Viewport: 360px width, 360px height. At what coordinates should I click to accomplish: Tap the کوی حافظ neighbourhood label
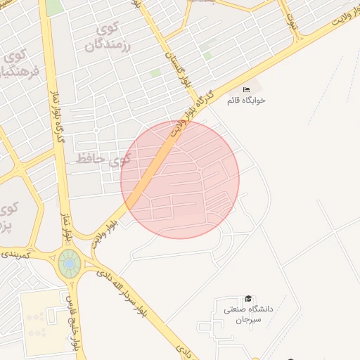coord(103,160)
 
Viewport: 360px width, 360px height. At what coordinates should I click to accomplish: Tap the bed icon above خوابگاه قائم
coord(246,90)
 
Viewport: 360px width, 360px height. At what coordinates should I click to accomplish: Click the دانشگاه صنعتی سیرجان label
coord(247,314)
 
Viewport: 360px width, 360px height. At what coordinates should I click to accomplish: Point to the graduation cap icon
coord(247,300)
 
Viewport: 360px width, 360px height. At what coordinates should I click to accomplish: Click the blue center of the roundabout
coord(69,264)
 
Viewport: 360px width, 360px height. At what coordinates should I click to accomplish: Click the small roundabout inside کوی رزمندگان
coord(96,130)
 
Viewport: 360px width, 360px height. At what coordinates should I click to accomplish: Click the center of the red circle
coord(180,179)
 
